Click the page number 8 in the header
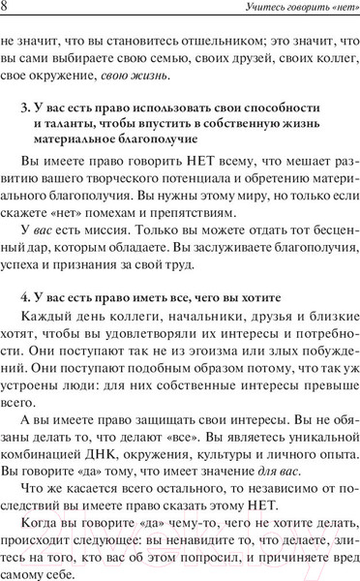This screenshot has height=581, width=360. coord(7,11)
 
